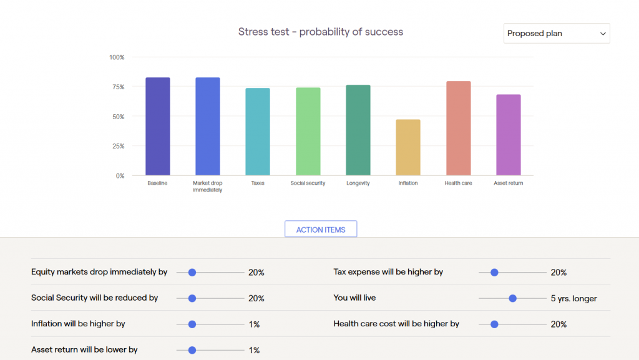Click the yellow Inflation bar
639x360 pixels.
(408, 147)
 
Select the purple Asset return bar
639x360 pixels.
(508, 135)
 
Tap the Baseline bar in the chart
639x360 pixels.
(157, 126)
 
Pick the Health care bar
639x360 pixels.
(458, 128)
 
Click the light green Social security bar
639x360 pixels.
(308, 131)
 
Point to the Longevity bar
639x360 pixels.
(358, 130)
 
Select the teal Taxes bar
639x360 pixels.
(258, 132)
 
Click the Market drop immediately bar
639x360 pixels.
(208, 126)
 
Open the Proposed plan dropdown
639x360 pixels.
(557, 34)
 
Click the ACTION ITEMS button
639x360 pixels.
(321, 230)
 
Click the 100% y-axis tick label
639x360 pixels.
(117, 57)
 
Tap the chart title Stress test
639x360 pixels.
(321, 32)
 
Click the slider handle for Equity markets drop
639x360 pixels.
(192, 273)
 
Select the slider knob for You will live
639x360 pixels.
(513, 298)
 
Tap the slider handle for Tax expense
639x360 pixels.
(494, 273)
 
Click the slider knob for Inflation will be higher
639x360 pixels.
(192, 324)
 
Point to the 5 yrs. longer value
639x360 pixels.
(573, 298)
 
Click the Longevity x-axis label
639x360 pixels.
(358, 183)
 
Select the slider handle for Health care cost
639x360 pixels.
(494, 324)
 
